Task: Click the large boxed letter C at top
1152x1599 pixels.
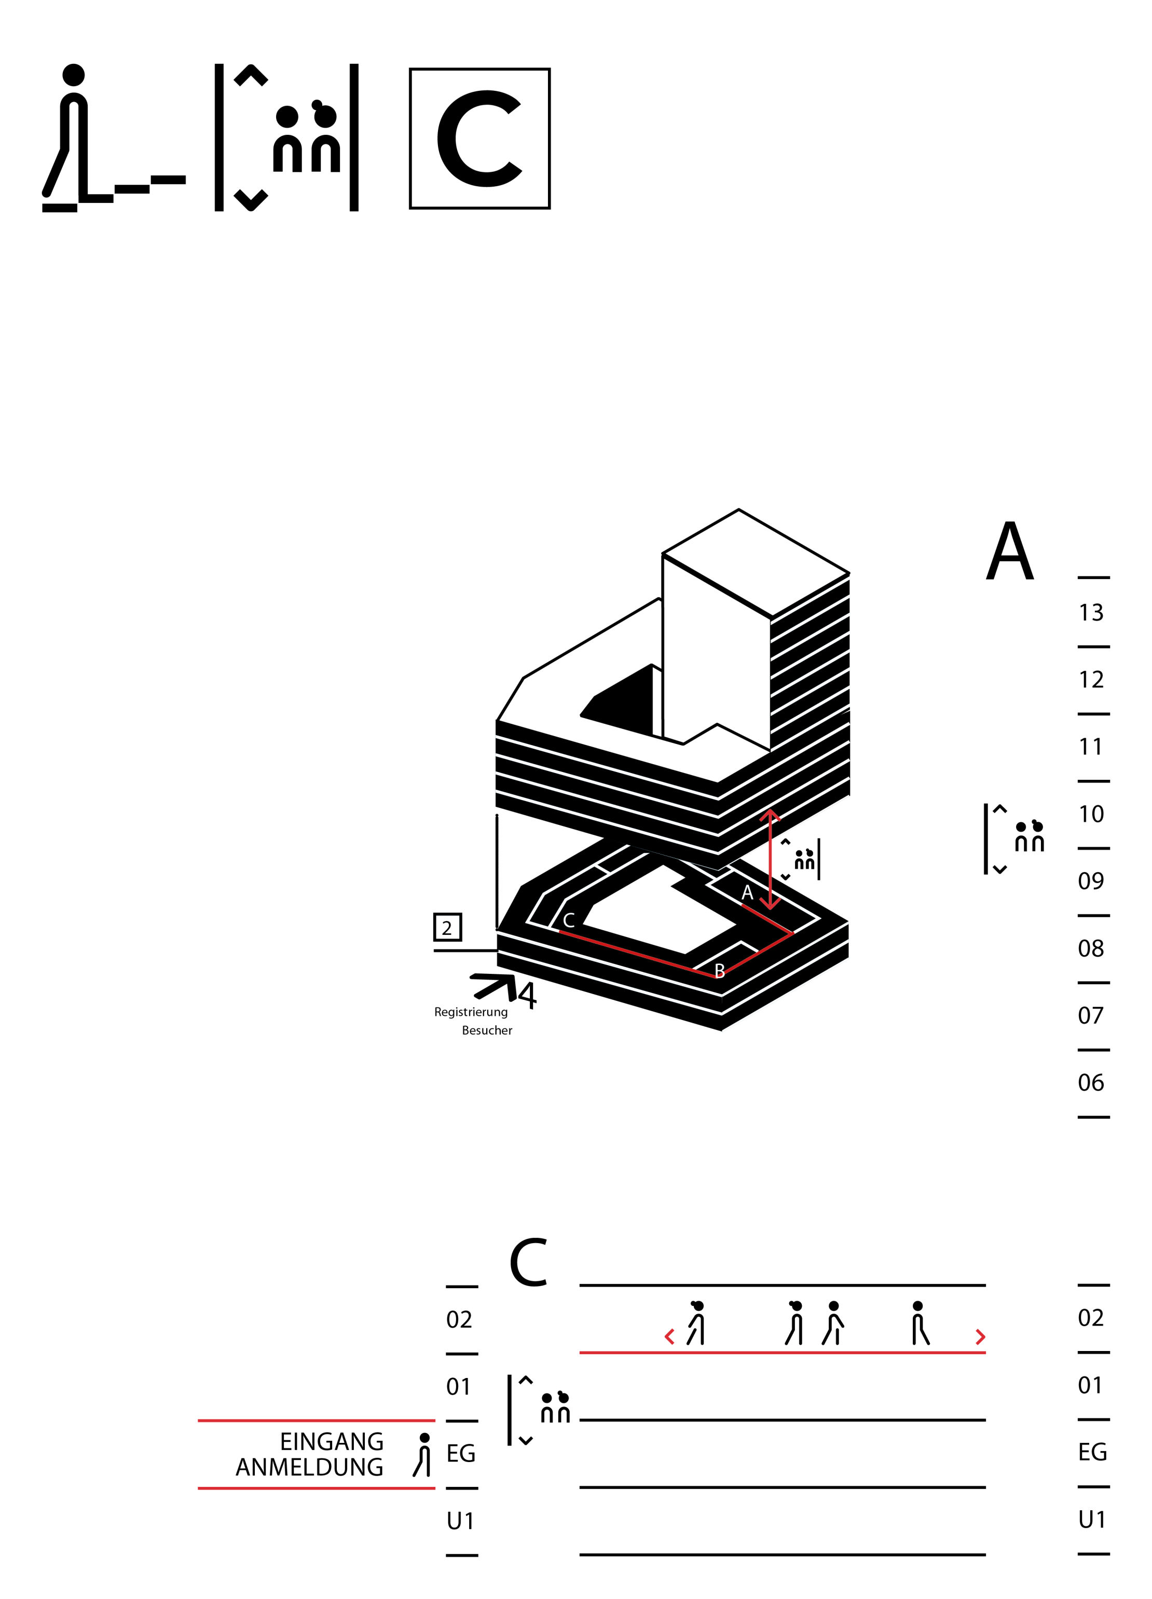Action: [x=479, y=138]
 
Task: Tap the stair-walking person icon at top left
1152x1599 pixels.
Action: [x=114, y=138]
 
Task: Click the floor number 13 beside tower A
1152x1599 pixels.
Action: [x=1091, y=613]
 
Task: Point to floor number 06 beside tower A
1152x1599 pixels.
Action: [x=1091, y=1082]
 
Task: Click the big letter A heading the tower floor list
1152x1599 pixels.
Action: [x=1010, y=552]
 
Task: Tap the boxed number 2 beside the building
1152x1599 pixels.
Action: [x=447, y=928]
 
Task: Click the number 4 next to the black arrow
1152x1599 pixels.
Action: [x=527, y=995]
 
